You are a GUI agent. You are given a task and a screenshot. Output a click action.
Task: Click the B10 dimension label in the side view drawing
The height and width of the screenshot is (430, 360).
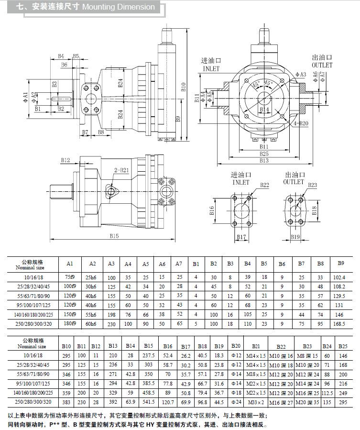point(183,86)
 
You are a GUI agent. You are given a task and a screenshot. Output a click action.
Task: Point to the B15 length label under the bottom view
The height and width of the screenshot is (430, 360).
point(113,235)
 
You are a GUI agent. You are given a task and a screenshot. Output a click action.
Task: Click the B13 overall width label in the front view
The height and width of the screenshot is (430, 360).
point(264,161)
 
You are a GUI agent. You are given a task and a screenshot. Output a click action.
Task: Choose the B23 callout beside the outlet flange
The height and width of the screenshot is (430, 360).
point(312,185)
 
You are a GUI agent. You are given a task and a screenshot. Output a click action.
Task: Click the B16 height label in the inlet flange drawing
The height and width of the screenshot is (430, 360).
point(212,210)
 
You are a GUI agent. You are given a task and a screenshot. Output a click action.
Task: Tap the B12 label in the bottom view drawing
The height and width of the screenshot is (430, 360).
point(65,160)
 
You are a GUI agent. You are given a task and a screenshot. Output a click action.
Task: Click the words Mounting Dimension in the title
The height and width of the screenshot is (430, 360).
point(119,7)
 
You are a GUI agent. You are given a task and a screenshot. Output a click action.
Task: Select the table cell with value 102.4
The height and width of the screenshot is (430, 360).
point(338,277)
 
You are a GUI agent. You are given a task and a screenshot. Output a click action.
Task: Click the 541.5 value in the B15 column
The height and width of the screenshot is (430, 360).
point(148,402)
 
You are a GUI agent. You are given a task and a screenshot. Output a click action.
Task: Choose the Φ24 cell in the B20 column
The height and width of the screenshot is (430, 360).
point(235,402)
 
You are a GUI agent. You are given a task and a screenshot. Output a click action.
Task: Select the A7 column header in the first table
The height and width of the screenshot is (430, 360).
point(179,264)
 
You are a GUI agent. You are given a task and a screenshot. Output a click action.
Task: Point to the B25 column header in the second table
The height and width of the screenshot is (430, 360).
point(343,346)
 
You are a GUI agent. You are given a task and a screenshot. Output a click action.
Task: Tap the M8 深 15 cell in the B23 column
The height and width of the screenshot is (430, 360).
point(307,356)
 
